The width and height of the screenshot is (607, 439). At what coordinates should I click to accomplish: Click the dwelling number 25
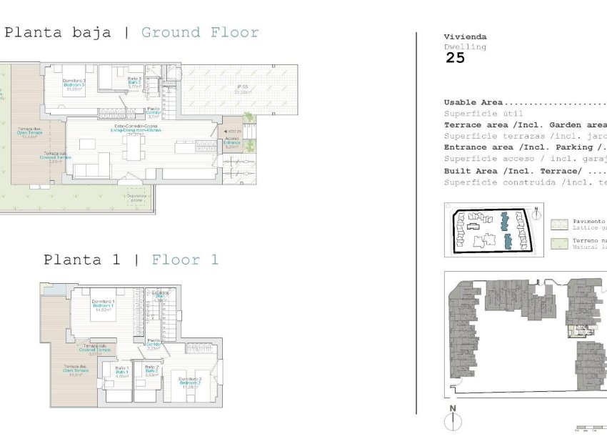coord(455,59)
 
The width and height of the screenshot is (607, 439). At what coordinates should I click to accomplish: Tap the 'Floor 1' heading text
coord(185,260)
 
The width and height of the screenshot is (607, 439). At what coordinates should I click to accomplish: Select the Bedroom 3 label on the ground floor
coord(74,86)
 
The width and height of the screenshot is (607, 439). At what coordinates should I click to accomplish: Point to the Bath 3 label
coord(134,83)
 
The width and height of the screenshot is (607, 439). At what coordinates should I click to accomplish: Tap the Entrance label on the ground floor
coord(232,142)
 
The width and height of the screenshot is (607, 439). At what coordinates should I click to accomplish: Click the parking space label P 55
coord(243,89)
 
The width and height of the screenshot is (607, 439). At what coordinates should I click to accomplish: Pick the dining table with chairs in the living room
coord(88,144)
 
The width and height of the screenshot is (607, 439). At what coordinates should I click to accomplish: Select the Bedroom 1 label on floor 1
coord(104,306)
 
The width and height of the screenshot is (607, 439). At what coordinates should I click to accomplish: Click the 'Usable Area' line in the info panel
coord(473,102)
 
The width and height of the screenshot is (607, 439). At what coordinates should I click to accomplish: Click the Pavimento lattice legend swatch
coord(559,225)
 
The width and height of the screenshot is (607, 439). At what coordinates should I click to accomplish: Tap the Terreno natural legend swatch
coord(559,244)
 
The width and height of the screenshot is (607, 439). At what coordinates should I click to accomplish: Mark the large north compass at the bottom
coord(452,419)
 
